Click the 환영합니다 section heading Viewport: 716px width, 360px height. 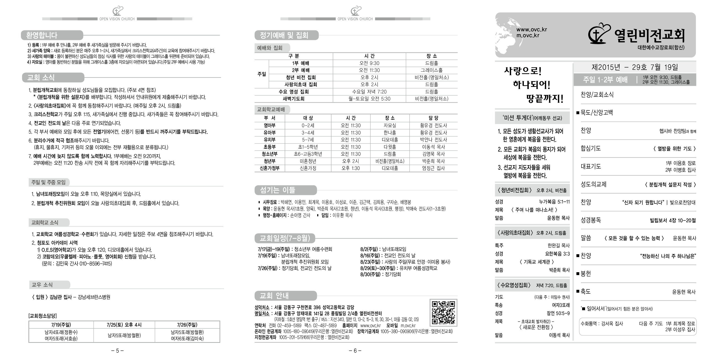coord(42,35)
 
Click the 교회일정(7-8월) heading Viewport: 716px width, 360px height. coord(285,238)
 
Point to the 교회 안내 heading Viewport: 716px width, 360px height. coord(274,296)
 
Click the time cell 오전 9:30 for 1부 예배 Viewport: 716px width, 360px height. coord(369,63)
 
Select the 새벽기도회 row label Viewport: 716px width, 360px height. coord(294,99)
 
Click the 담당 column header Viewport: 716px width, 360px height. coord(433,118)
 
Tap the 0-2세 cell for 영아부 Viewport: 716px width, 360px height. coord(308,125)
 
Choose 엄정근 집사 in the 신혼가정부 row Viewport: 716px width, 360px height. coord(433,168)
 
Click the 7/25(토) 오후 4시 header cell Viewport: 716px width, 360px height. coord(124,325)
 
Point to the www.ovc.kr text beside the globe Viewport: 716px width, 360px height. coord(531,30)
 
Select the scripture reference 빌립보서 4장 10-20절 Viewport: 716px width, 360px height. coord(673,220)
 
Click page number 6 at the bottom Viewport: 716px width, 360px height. coord(355,351)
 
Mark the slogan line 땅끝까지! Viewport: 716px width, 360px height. coord(545,99)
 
